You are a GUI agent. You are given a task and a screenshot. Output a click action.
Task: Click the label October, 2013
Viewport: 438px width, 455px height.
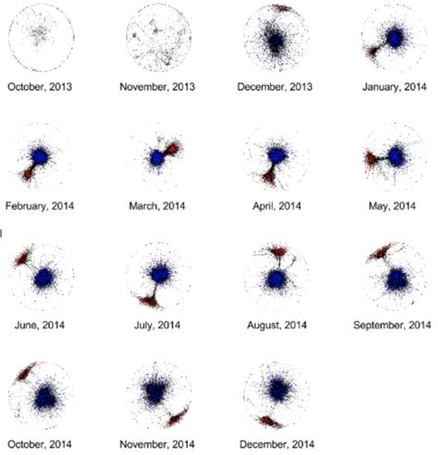(40, 87)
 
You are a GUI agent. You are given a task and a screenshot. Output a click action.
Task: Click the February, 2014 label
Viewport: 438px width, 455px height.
(40, 206)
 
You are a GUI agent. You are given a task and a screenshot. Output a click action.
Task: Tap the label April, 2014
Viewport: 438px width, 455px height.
(277, 206)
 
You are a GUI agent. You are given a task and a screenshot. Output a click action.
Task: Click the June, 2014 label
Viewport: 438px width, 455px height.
(40, 326)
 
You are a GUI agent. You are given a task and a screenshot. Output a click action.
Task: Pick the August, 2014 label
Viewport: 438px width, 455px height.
(277, 326)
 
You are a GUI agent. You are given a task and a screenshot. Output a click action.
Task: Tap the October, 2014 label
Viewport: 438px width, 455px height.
(40, 444)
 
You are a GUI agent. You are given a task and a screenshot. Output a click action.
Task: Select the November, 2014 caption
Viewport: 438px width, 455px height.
(159, 444)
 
